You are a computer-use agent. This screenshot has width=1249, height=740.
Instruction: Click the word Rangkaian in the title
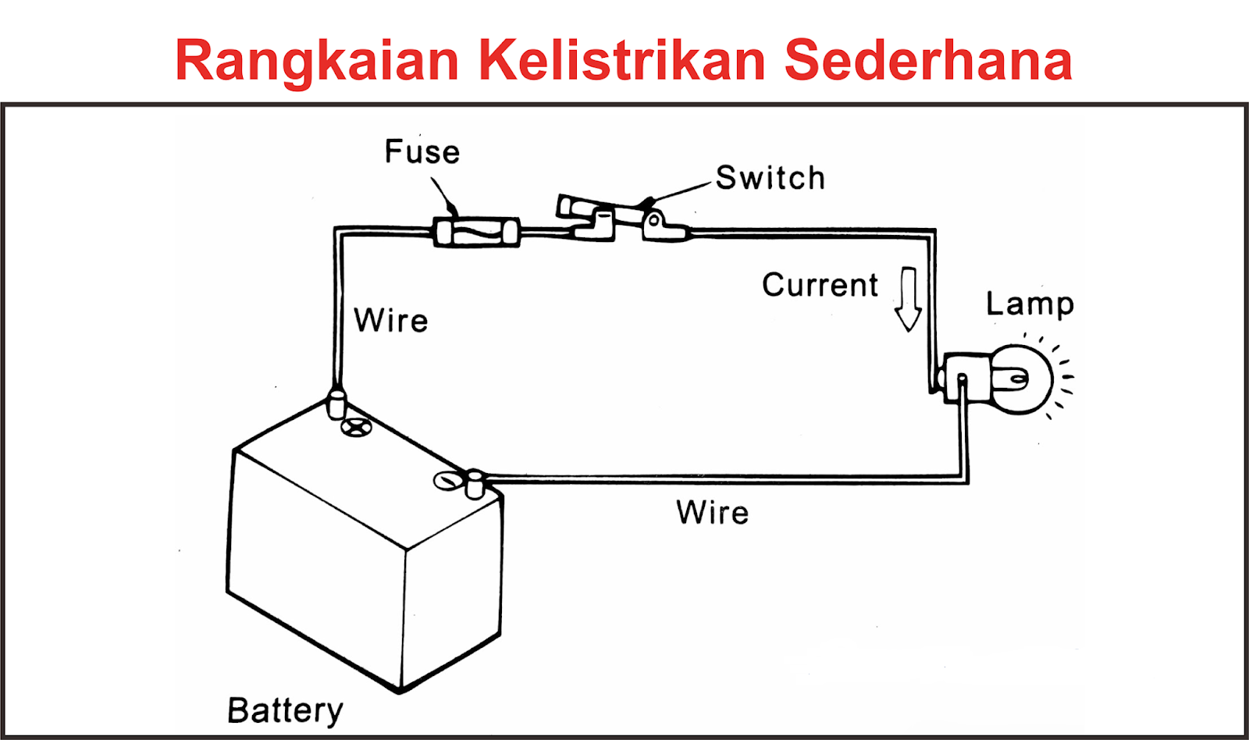(317, 62)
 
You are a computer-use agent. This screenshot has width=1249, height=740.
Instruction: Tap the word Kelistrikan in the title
(621, 60)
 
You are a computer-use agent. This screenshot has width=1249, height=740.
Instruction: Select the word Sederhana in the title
(928, 60)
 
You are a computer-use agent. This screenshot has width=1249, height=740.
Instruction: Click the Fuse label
(422, 152)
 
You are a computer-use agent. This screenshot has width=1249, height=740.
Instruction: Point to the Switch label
(770, 178)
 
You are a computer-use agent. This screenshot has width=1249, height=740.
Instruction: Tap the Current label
(820, 285)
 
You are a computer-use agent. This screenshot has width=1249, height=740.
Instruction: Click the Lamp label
(1030, 304)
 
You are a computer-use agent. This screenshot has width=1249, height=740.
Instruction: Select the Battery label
(285, 710)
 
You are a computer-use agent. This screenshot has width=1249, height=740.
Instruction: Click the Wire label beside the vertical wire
(391, 321)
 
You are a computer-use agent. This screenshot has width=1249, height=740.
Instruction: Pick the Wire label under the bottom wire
(713, 513)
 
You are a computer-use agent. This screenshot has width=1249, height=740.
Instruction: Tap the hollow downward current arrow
(908, 299)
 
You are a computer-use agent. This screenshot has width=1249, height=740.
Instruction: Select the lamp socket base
(963, 378)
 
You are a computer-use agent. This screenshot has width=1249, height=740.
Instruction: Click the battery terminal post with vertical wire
(336, 405)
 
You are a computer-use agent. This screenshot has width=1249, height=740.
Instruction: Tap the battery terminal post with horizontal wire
(474, 484)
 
